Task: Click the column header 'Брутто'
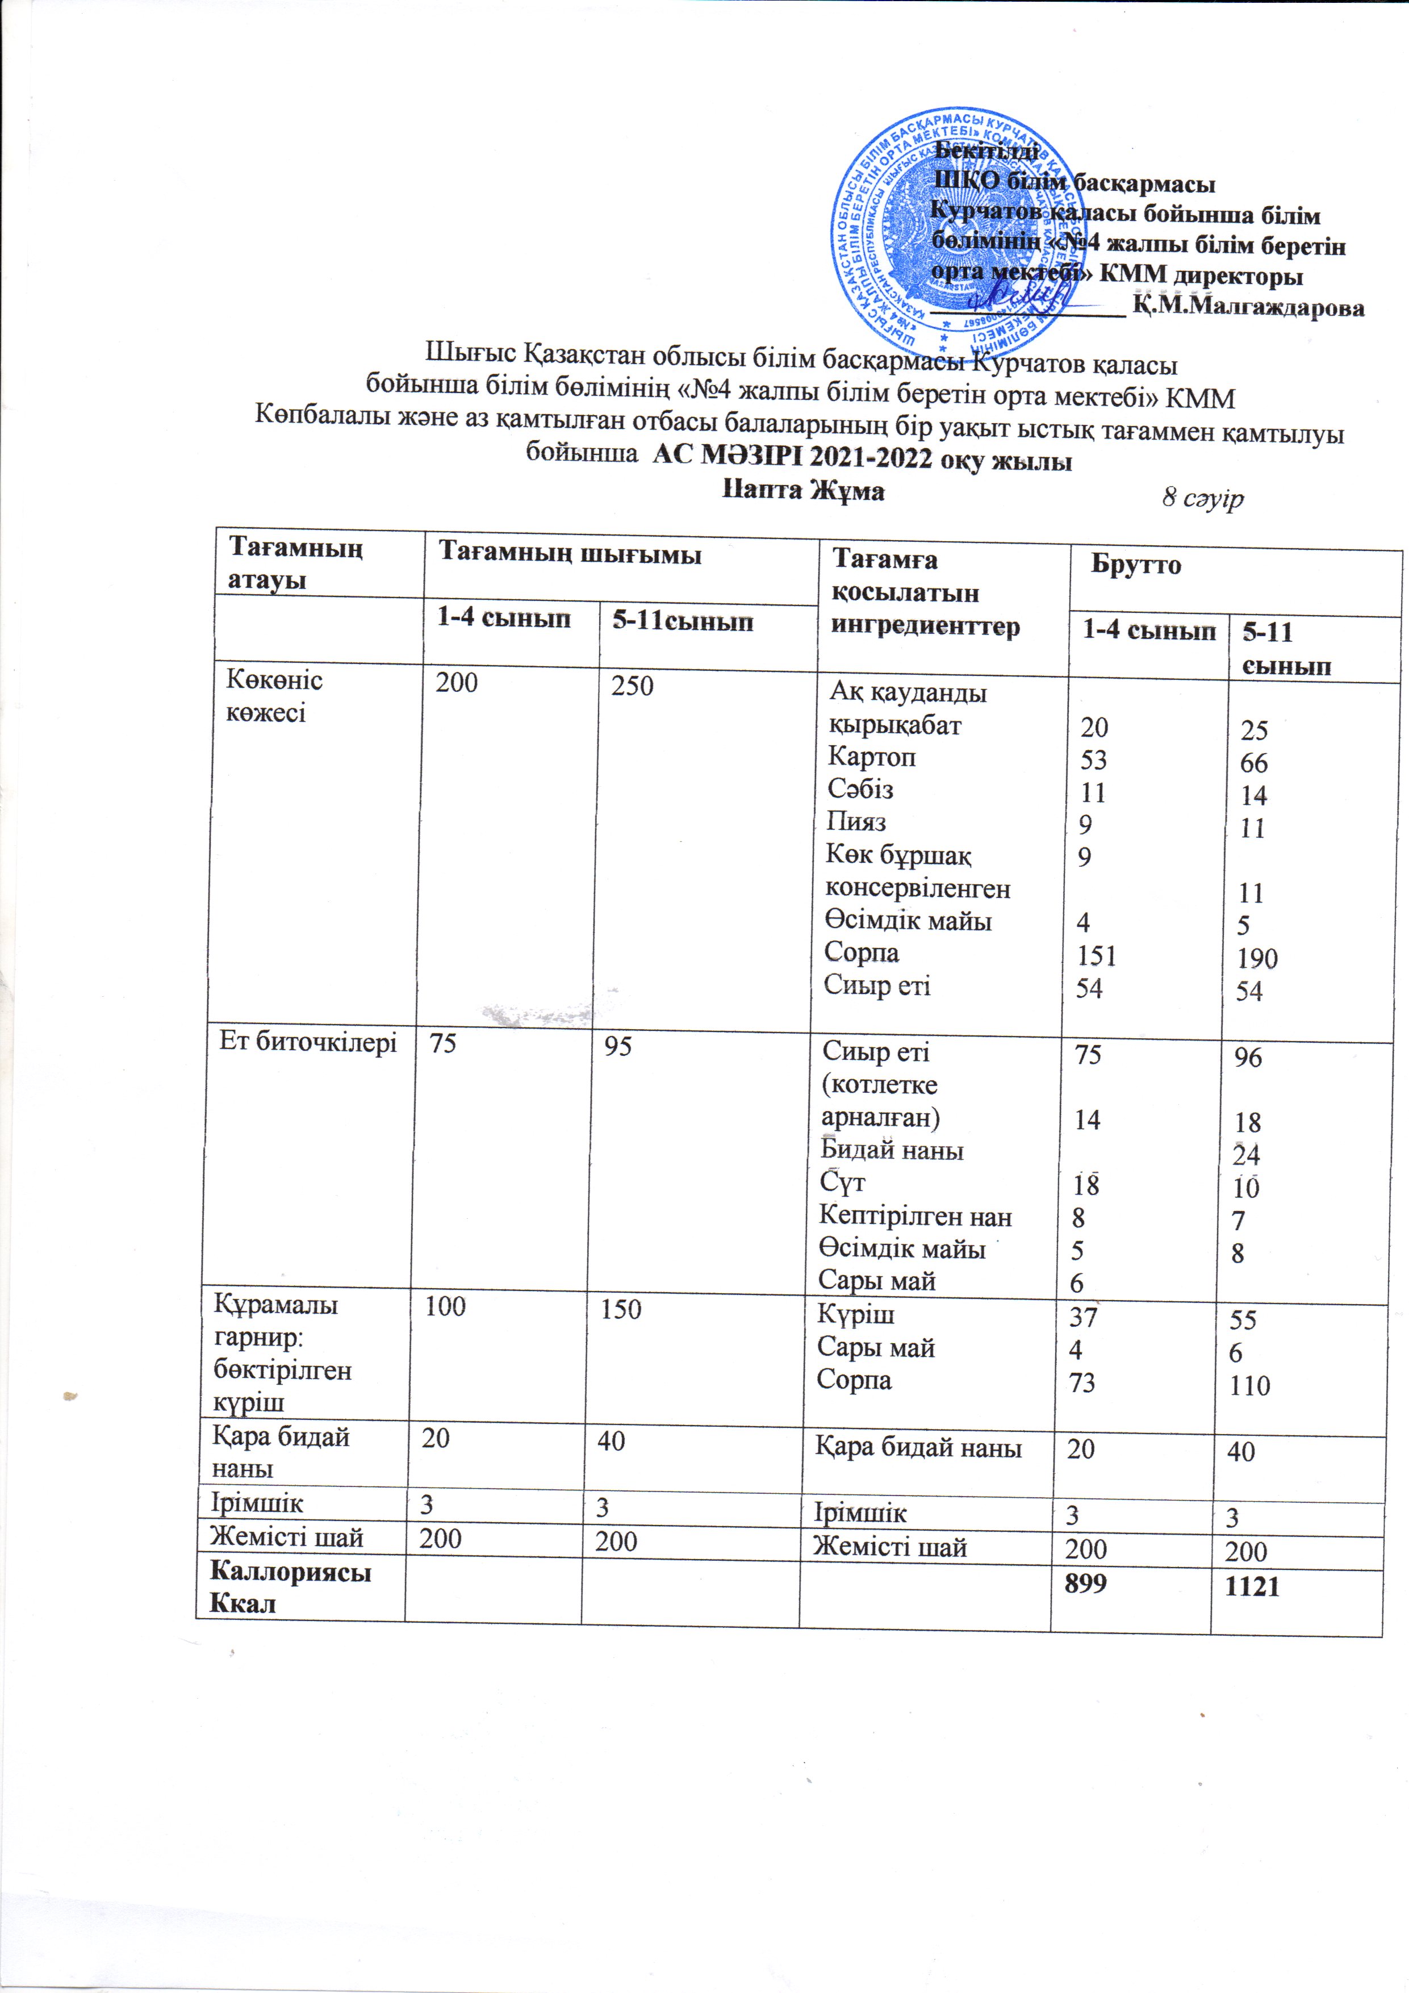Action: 1135,565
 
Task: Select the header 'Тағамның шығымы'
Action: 570,554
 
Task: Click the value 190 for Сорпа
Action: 1257,958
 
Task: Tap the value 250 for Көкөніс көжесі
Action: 631,687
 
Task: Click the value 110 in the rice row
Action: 1249,1385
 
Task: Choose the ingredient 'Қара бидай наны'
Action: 918,1447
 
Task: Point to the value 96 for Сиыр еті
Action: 1248,1058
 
